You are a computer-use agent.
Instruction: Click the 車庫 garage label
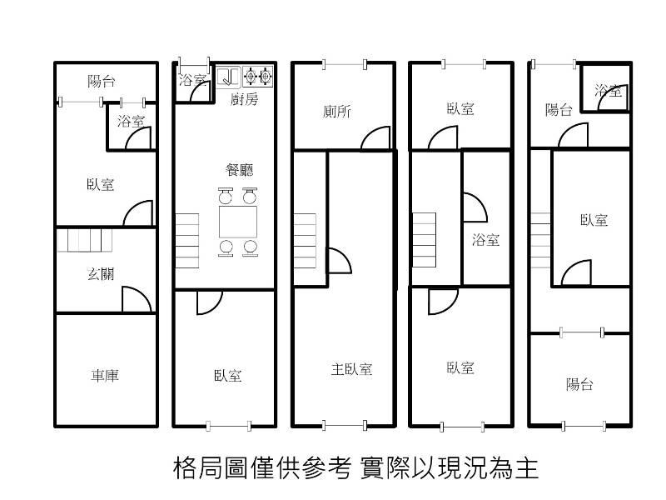[x=105, y=376]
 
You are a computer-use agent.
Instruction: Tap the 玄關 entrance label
[x=101, y=273]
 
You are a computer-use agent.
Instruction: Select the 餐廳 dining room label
[x=240, y=170]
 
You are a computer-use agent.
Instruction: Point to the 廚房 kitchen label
[x=244, y=99]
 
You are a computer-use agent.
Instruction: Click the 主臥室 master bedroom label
[x=351, y=369]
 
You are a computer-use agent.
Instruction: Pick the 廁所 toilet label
[x=337, y=112]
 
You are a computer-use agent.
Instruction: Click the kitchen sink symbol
[x=228, y=77]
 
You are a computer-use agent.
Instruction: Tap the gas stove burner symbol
[x=258, y=77]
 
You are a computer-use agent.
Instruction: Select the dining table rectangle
[x=238, y=222]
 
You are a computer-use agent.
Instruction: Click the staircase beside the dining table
[x=187, y=241]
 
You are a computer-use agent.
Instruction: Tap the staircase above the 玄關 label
[x=85, y=241]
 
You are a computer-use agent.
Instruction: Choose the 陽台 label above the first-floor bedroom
[x=102, y=81]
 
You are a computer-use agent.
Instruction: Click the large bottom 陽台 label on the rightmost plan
[x=579, y=384]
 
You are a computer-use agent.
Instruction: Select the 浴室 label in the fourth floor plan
[x=486, y=240]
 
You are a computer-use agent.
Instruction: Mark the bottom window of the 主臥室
[x=345, y=425]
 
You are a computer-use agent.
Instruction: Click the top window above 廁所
[x=345, y=65]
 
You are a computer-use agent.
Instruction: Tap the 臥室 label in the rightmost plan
[x=594, y=220]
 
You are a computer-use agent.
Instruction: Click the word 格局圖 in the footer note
[x=211, y=468]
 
